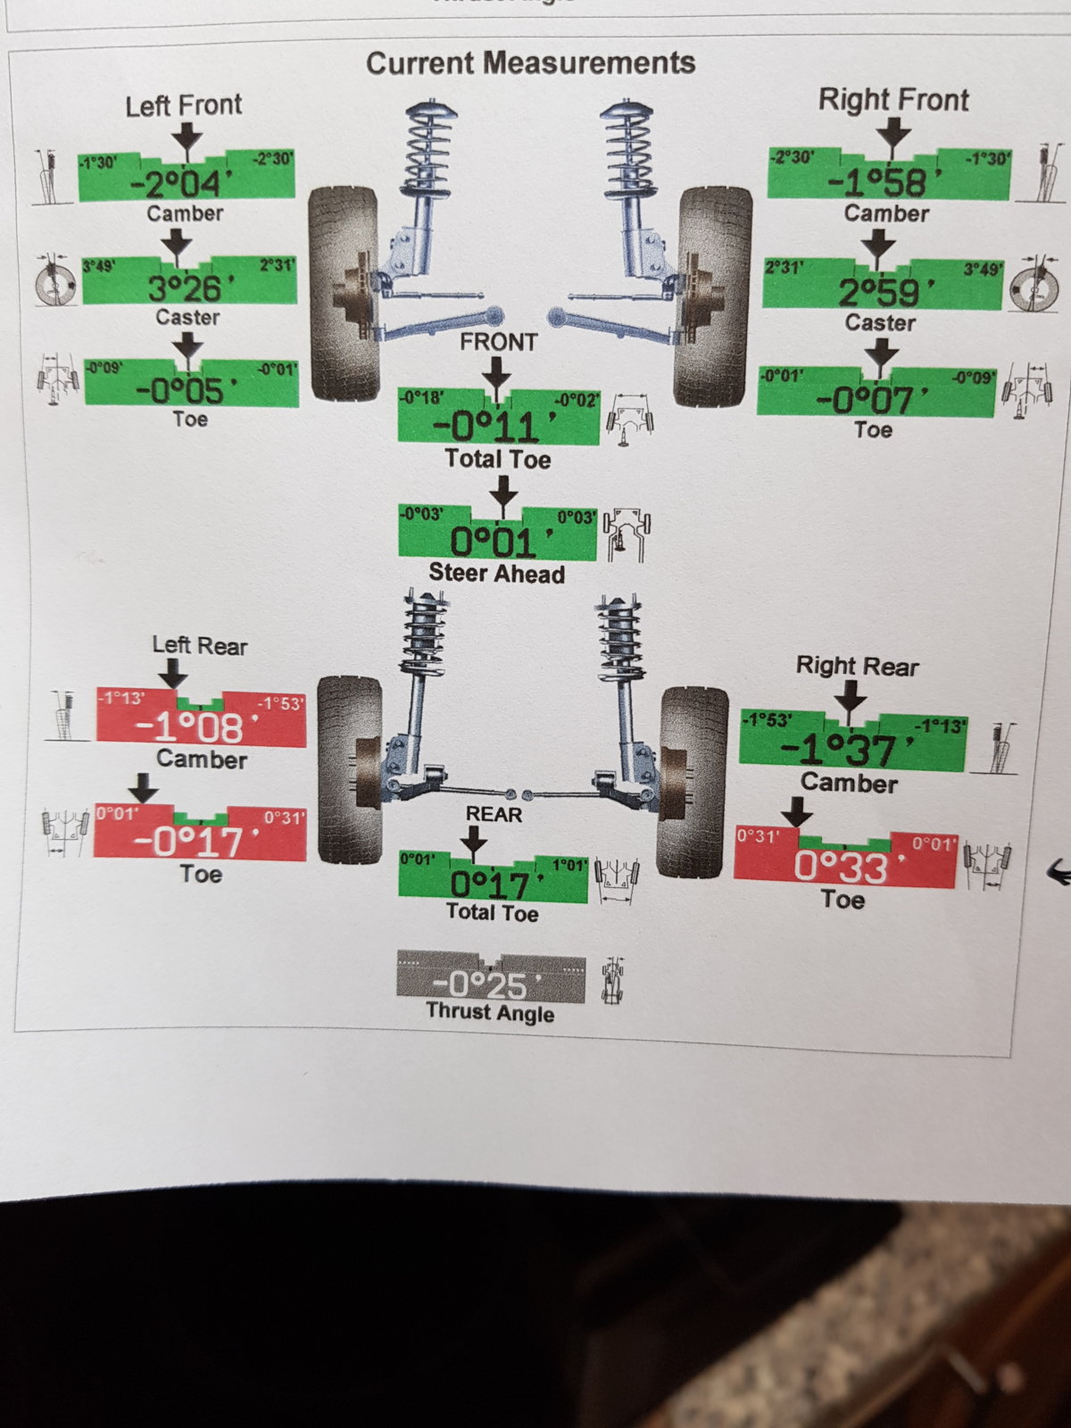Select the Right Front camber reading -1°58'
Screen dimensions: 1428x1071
click(880, 182)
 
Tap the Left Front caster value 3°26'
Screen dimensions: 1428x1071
click(186, 287)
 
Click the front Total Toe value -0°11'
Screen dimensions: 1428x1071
click(488, 426)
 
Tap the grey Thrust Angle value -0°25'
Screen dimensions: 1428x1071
click(483, 984)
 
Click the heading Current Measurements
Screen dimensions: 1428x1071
click(530, 63)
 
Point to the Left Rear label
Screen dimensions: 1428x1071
click(199, 645)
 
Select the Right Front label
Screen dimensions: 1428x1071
click(893, 100)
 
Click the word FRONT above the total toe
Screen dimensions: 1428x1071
click(498, 342)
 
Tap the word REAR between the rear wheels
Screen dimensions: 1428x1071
click(494, 814)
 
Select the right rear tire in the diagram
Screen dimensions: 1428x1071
click(693, 781)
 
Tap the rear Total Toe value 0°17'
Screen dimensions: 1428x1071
click(490, 884)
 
